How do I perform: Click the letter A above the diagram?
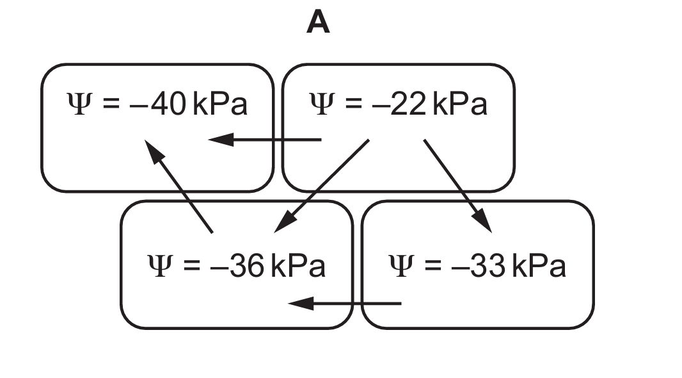(318, 23)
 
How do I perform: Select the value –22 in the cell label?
(402, 104)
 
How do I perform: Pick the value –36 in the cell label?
(240, 266)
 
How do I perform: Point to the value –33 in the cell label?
(481, 266)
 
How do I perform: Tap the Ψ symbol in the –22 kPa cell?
(320, 104)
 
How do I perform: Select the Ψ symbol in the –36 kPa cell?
(159, 266)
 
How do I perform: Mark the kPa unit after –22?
(460, 104)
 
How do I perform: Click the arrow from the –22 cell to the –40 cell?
(265, 139)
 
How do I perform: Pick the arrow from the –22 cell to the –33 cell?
(457, 186)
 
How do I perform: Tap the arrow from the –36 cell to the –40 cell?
(179, 186)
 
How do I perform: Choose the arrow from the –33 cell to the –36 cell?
(345, 303)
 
